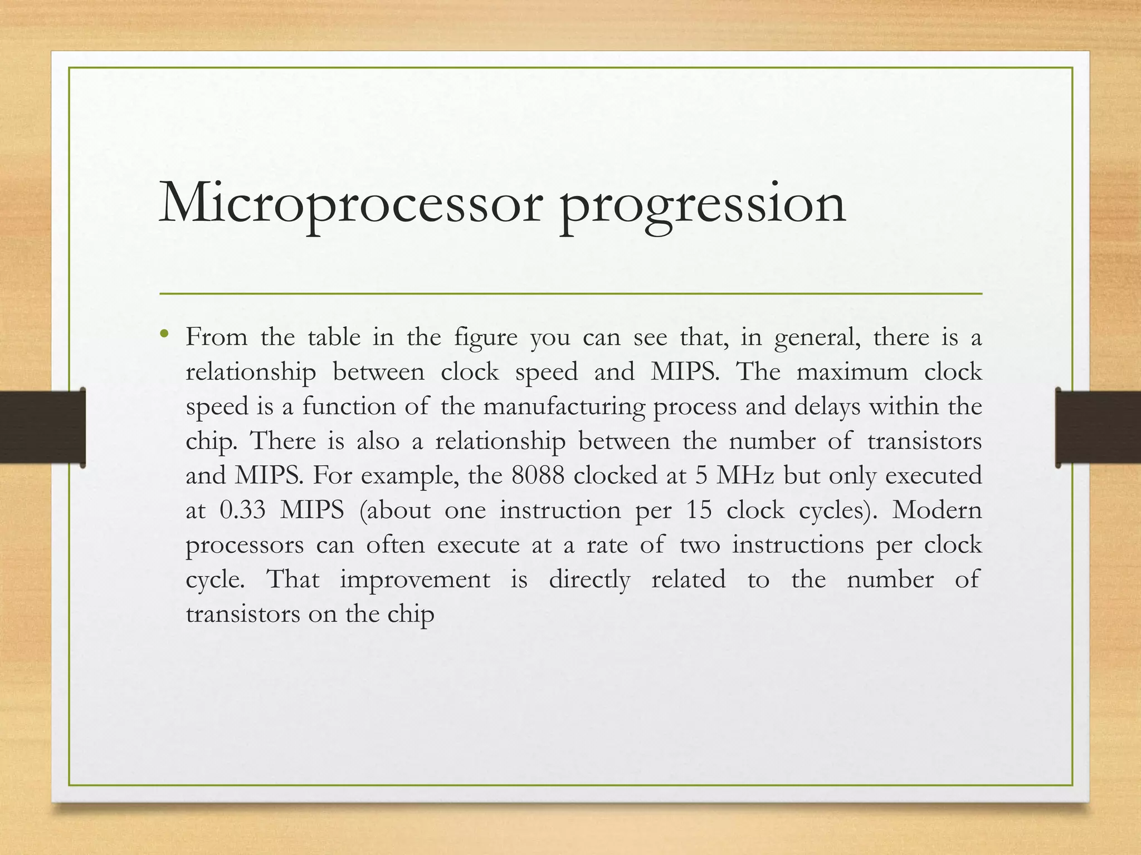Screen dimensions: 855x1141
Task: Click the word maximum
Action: click(852, 372)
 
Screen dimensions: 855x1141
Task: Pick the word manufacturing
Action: click(564, 406)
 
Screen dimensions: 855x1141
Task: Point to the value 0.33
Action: click(243, 510)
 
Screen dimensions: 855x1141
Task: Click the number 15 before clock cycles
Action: click(699, 510)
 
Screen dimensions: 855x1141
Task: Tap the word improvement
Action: click(415, 579)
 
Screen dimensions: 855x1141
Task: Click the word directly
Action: click(589, 580)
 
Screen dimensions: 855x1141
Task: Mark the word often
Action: click(395, 544)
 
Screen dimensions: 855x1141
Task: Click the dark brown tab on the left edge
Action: click(42, 427)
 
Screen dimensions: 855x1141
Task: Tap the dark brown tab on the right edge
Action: click(1098, 427)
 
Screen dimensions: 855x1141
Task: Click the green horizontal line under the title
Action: click(570, 293)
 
